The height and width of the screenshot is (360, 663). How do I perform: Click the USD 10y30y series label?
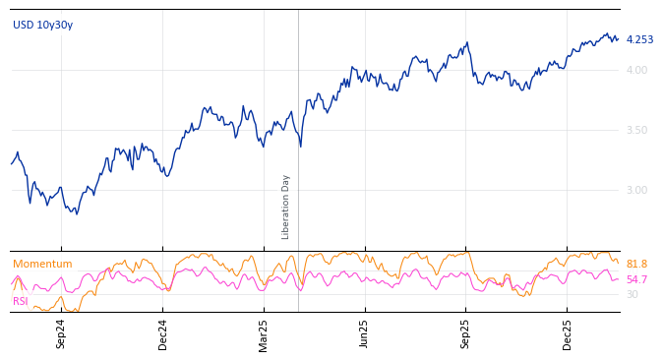point(42,25)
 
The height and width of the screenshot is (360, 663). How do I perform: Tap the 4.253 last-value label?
point(639,39)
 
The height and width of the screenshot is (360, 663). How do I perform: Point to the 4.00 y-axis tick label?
point(636,70)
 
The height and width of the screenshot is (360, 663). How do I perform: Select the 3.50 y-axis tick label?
point(636,130)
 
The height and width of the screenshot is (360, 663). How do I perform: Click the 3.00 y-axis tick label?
point(636,190)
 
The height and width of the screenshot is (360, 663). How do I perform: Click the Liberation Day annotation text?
point(286,207)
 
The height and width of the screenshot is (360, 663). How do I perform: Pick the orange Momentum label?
point(42,264)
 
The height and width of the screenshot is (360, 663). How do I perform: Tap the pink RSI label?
point(21,301)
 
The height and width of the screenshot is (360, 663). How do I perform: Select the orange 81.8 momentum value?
point(636,264)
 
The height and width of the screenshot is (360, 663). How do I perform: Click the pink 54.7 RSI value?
point(636,279)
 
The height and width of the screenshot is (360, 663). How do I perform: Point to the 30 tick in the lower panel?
point(632,294)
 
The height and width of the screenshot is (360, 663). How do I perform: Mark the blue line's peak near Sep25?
point(468,42)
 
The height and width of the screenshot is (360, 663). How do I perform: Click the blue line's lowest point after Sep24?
point(76,213)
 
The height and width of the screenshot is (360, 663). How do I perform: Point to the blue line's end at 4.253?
point(618,39)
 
